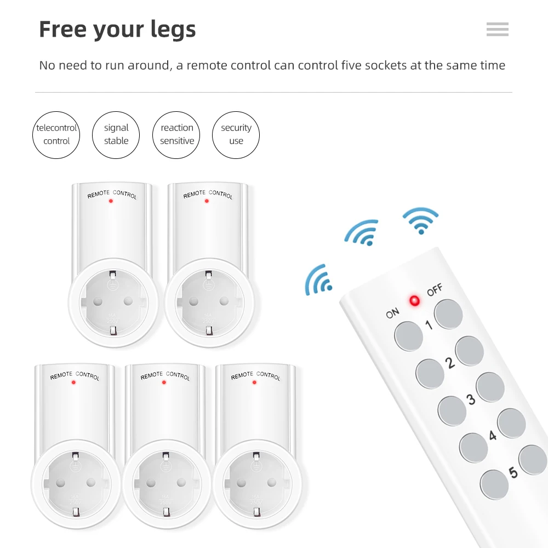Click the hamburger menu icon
497,30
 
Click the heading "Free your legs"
117,29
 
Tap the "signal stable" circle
116,135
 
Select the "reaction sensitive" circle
176,135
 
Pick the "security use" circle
236,135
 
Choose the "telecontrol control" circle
56,135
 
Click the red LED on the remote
414,300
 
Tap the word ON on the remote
392,313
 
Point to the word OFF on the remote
435,290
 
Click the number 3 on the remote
471,399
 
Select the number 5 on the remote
513,471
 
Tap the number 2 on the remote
450,363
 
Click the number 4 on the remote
492,435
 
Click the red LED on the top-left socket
111,201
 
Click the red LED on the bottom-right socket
254,382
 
